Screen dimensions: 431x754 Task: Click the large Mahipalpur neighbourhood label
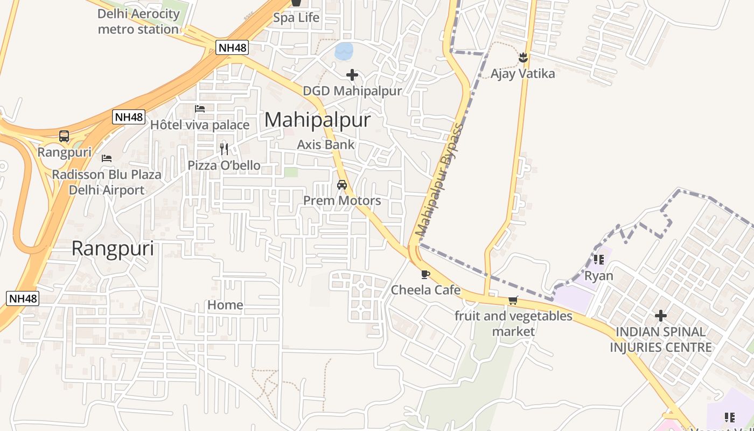pyautogui.click(x=317, y=120)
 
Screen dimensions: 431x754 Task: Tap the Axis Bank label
pyautogui.click(x=326, y=144)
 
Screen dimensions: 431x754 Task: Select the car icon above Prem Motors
pyautogui.click(x=341, y=185)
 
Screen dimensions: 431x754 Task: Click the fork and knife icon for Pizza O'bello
pyautogui.click(x=224, y=149)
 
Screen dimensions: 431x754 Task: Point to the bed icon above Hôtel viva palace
pyautogui.click(x=200, y=109)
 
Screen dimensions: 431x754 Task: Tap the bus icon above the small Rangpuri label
pyautogui.click(x=64, y=136)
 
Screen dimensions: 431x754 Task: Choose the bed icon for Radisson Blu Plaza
pyautogui.click(x=107, y=158)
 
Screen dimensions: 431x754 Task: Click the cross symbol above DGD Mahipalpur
pyautogui.click(x=352, y=75)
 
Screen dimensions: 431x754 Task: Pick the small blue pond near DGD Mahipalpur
pyautogui.click(x=344, y=51)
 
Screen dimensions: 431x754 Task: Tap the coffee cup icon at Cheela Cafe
pyautogui.click(x=425, y=274)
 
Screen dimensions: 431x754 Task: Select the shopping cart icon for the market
pyautogui.click(x=513, y=301)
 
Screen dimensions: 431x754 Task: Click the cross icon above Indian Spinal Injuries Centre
pyautogui.click(x=660, y=316)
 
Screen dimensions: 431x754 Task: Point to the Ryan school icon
pyautogui.click(x=598, y=260)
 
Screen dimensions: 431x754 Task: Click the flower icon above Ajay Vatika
pyautogui.click(x=523, y=57)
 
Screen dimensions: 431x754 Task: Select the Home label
pyautogui.click(x=225, y=305)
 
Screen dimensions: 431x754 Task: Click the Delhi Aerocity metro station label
pyautogui.click(x=138, y=22)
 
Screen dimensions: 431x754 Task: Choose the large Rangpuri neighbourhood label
pyautogui.click(x=113, y=248)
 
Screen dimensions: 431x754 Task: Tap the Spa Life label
pyautogui.click(x=296, y=18)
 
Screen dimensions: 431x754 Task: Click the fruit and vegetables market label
pyautogui.click(x=513, y=323)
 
